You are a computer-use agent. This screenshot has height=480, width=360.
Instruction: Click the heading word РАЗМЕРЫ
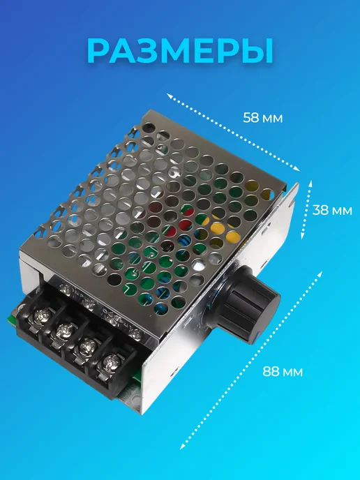(x=181, y=51)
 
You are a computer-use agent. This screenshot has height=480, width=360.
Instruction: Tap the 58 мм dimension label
(x=262, y=118)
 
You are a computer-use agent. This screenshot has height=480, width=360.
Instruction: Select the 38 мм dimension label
(x=332, y=210)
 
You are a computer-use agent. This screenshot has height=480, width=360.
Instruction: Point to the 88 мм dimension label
(x=283, y=372)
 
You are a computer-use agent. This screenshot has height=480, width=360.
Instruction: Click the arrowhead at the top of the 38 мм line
(x=310, y=183)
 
